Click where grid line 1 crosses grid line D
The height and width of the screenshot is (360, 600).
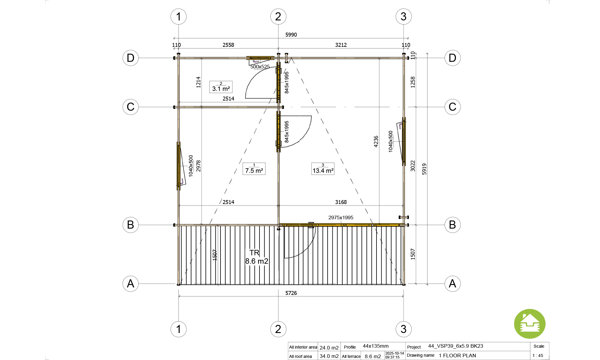(x=178, y=58)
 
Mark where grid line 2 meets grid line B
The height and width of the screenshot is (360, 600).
(x=278, y=225)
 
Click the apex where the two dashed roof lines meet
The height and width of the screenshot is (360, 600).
(x=291, y=58)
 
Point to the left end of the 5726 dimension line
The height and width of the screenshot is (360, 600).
(x=179, y=296)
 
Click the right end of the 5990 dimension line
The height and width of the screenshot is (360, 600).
(x=408, y=38)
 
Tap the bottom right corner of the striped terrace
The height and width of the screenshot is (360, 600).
(x=403, y=284)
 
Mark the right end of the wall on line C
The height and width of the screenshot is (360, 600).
(x=283, y=107)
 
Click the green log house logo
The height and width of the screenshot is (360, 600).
(x=530, y=324)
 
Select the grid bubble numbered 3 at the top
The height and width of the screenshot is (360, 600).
(x=403, y=16)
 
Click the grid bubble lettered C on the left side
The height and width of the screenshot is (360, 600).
(x=130, y=107)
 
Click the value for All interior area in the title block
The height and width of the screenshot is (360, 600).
(x=329, y=347)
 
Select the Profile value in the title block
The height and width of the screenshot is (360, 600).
(x=376, y=346)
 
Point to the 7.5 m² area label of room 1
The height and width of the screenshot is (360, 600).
(x=254, y=170)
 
